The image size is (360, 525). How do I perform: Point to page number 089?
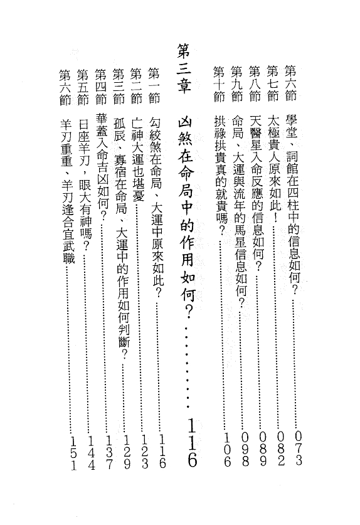coord(263,449)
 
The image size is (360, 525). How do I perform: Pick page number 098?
coord(245,449)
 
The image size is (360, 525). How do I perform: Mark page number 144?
coord(92,453)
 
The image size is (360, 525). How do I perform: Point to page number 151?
coord(73,453)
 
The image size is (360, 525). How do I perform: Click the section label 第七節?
coord(273,83)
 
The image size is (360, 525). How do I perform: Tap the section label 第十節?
coord(219,84)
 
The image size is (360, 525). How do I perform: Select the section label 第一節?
coord(154,85)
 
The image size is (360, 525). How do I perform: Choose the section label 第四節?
coord(100,87)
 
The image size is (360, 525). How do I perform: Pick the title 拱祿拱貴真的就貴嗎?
coord(220,174)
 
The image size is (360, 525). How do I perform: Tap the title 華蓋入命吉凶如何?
coord(102,167)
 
